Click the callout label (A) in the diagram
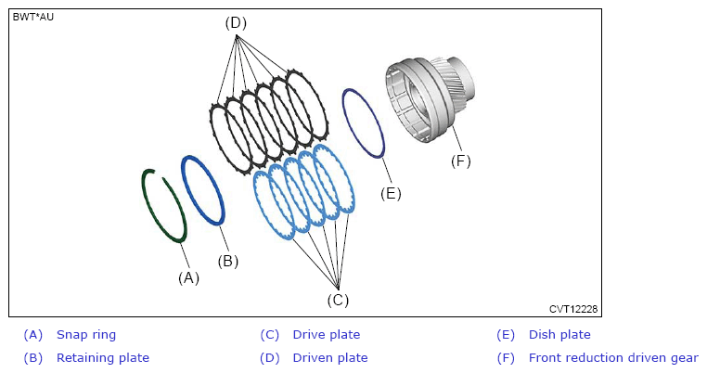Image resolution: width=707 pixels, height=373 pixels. point(188,277)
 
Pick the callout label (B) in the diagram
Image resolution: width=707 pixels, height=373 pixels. point(227,261)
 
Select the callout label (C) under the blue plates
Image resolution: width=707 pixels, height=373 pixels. point(338,300)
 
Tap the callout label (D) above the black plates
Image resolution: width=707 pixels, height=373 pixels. point(236,22)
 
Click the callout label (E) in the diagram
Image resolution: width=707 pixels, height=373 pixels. point(391,194)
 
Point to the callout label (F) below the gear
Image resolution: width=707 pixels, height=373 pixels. point(460,161)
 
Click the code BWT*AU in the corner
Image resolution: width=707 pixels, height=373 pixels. point(32,17)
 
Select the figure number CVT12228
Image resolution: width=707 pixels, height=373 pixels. point(573,309)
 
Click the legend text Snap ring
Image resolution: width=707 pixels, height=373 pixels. point(86,335)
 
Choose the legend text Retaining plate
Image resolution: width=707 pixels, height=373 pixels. point(103,358)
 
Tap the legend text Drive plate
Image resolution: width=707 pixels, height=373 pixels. point(327,335)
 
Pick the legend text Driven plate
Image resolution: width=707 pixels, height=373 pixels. point(330,358)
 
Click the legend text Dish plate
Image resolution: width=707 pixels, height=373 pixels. point(559,335)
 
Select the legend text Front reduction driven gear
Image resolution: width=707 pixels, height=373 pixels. point(613,358)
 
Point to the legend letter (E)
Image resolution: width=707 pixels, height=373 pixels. point(506,335)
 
